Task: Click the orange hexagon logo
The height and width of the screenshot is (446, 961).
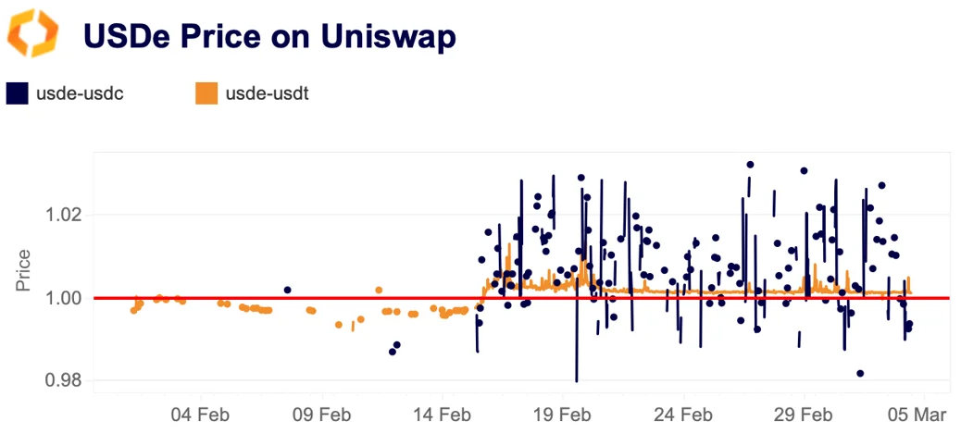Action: (x=33, y=34)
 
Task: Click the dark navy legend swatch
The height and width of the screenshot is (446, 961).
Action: (x=18, y=93)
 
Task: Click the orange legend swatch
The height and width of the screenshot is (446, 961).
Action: (x=206, y=93)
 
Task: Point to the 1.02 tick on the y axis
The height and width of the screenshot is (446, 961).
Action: (x=65, y=215)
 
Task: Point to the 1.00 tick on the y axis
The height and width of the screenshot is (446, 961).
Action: (x=65, y=298)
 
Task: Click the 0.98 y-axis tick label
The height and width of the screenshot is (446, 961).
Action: (x=65, y=380)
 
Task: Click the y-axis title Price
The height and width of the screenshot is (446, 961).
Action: (x=24, y=270)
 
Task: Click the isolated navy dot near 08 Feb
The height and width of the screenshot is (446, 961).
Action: (x=287, y=290)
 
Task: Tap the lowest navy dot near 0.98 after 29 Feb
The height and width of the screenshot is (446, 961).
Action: (x=860, y=373)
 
